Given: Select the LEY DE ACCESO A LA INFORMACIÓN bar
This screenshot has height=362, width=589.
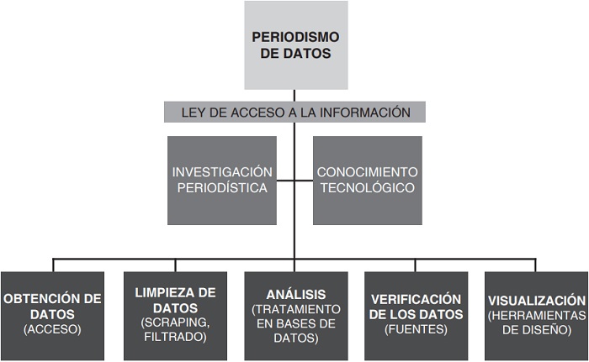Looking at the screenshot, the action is coord(295,112).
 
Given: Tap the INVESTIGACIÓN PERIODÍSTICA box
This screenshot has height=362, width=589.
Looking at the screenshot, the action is coord(222,181).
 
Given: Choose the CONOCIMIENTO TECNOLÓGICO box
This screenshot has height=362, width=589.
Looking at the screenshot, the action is coord(366,181).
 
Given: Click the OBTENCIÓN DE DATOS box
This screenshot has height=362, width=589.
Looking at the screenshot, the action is coord(52,315).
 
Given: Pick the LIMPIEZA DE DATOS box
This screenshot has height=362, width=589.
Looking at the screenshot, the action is coord(175,315).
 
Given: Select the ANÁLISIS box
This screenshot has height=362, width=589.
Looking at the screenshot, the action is coord(294,315).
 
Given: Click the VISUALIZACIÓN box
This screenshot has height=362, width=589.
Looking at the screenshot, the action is coord(535,315).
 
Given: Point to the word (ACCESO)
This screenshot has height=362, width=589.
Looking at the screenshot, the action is coord(52,330).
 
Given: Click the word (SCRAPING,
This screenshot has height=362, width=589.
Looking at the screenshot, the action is coord(175,323).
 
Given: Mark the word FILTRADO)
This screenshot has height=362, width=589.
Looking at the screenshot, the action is coord(175,338).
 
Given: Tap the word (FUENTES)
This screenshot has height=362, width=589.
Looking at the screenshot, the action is coord(417,330).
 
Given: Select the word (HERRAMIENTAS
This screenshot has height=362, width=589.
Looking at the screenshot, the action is coord(535,315).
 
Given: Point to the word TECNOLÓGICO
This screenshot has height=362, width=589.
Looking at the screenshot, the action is coord(366,188).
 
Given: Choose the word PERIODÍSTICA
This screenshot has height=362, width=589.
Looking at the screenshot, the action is coord(222,188).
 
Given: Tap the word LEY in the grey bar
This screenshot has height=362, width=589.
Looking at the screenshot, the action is coord(194,112).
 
